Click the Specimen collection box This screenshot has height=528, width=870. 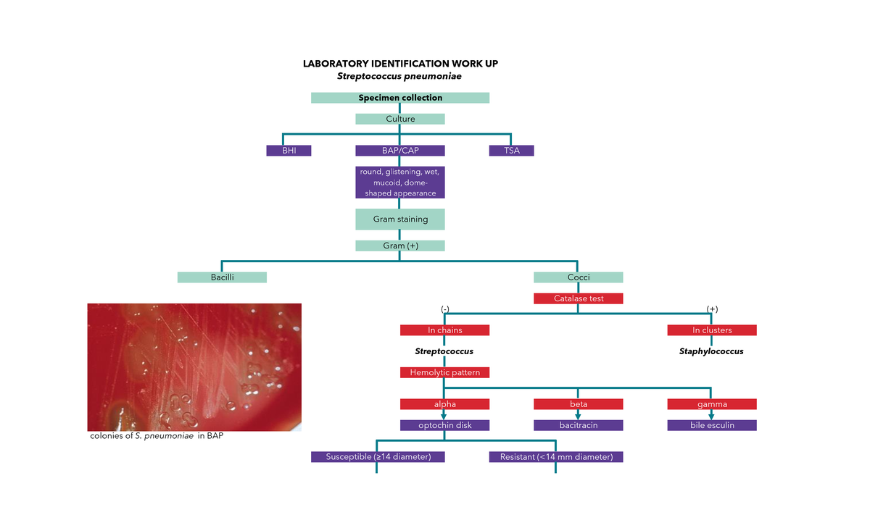click(400, 98)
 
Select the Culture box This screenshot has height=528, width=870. click(400, 119)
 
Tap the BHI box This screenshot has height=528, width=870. click(288, 151)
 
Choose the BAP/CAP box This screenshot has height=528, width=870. click(400, 151)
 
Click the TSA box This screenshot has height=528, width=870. click(511, 151)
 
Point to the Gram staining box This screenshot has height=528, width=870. click(400, 219)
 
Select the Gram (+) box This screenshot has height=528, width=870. click(400, 246)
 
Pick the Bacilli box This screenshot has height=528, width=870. click(222, 277)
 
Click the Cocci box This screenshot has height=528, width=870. click(578, 277)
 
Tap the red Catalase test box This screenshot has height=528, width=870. click(578, 298)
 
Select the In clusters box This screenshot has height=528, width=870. click(711, 330)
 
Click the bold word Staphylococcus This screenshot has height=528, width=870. click(711, 351)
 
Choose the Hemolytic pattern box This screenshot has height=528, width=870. click(444, 372)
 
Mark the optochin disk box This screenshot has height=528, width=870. click(444, 425)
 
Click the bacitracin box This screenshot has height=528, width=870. click(578, 425)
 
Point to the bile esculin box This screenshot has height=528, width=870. click(711, 425)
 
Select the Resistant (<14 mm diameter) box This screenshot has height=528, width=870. click(555, 457)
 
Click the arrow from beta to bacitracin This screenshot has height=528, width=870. click(578, 414)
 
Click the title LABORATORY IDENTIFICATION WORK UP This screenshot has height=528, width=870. click(400, 64)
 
